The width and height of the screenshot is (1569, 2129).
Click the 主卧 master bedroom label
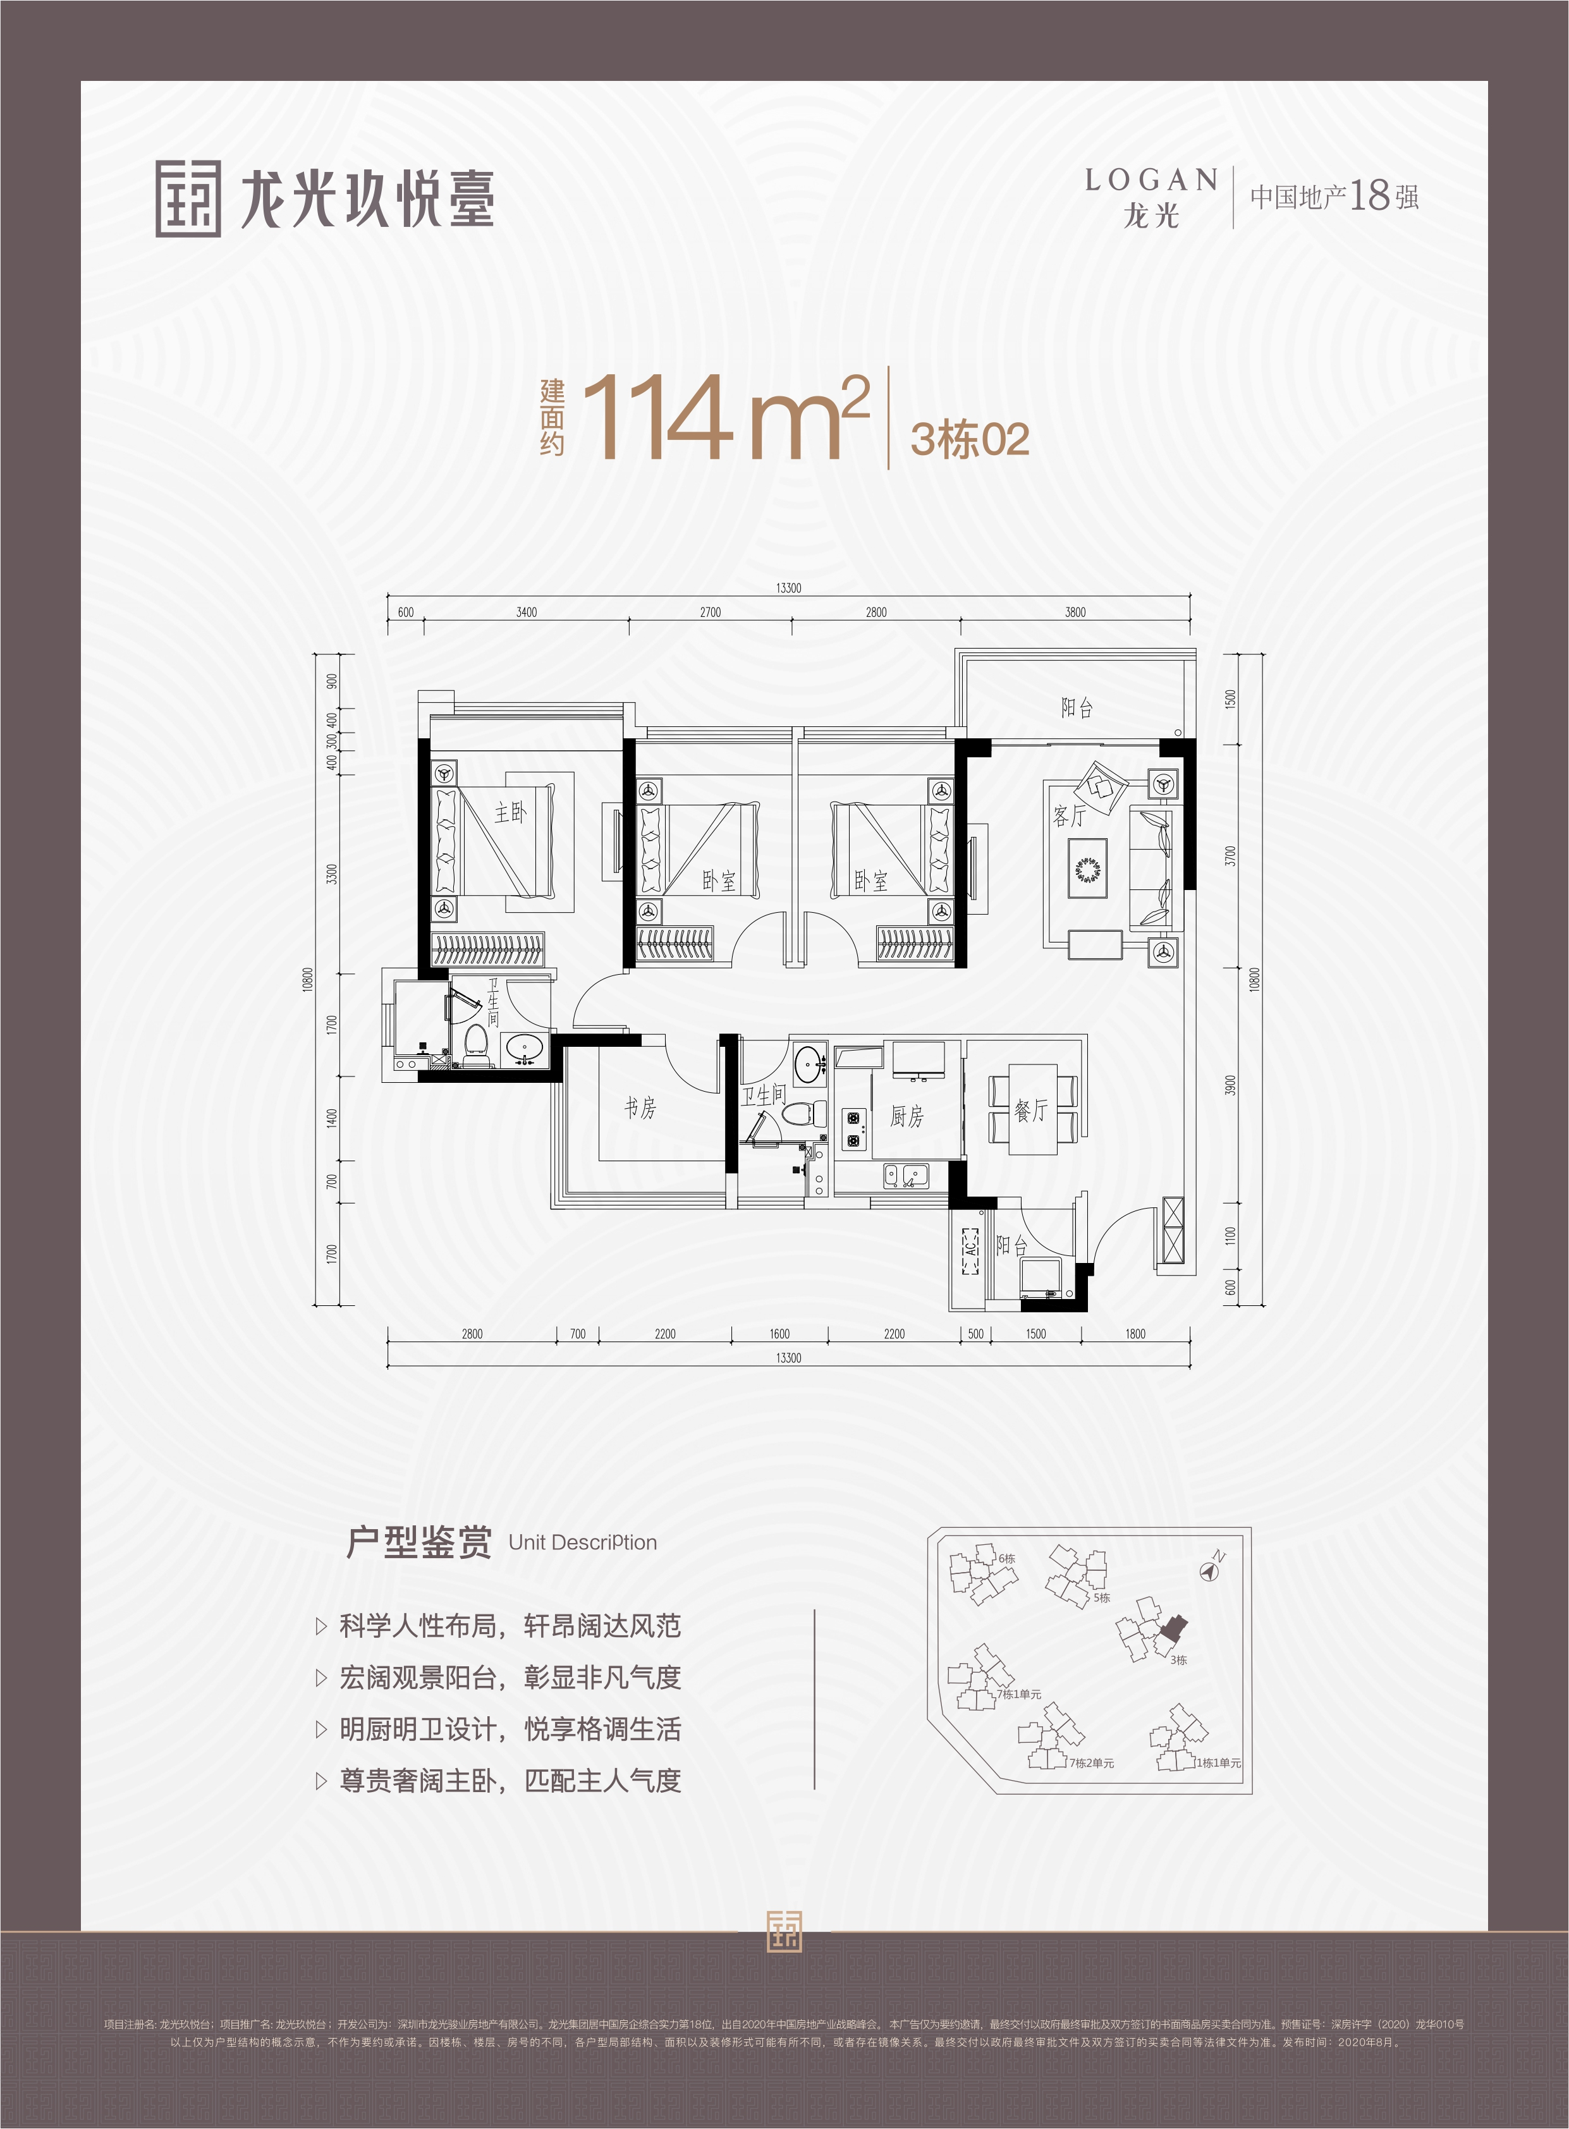pyautogui.click(x=510, y=812)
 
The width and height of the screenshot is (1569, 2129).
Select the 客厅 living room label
pyautogui.click(x=1070, y=815)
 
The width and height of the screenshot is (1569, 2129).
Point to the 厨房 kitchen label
pyautogui.click(x=906, y=1116)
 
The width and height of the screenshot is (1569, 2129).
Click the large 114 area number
pyautogui.click(x=657, y=418)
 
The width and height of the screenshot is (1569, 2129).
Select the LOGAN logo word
pyautogui.click(x=1151, y=180)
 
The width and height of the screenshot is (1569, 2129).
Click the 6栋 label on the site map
pyautogui.click(x=1007, y=1558)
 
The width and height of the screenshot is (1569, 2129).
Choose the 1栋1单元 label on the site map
pyautogui.click(x=1218, y=1762)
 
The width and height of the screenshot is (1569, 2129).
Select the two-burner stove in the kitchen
pyautogui.click(x=853, y=1130)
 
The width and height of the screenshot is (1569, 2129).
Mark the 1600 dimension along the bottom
pyautogui.click(x=779, y=1334)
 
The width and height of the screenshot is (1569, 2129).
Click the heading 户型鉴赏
pyautogui.click(x=419, y=1542)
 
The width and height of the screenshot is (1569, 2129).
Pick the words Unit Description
pyautogui.click(x=582, y=1543)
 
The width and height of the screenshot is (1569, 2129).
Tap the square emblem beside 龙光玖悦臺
pyautogui.click(x=188, y=198)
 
